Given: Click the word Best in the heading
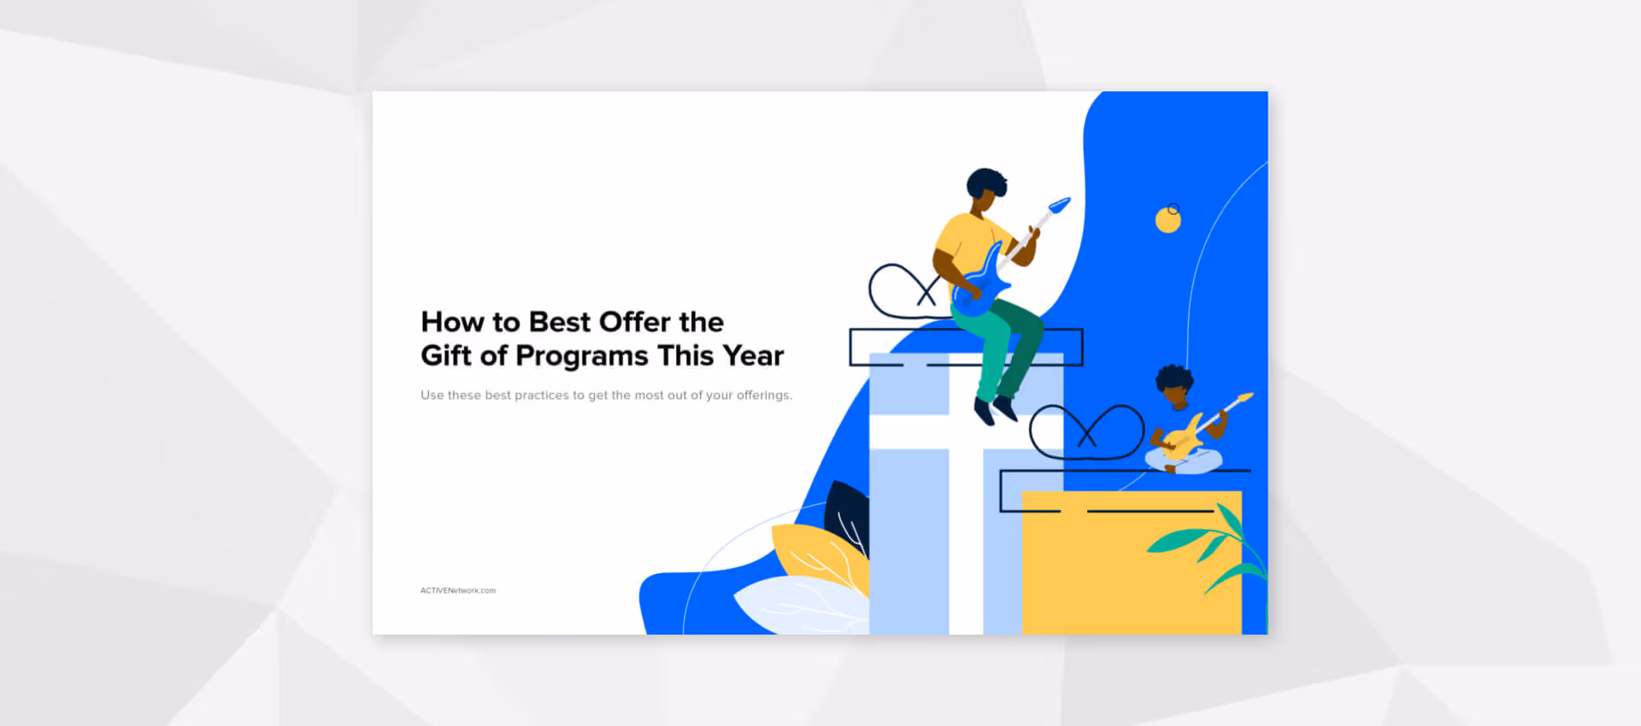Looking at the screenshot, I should click(559, 322).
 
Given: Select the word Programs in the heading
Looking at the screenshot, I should click(581, 356).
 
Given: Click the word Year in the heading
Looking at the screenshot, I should click(753, 356).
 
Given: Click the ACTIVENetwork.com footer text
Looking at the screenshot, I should click(457, 590).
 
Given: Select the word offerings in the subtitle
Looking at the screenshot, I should click(763, 395).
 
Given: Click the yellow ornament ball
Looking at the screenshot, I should click(1168, 220).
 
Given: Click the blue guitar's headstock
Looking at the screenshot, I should click(1059, 205).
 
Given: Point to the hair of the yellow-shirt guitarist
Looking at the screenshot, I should click(986, 181).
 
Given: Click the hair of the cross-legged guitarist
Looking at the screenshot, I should click(1173, 377).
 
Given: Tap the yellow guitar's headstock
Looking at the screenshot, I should click(1244, 397).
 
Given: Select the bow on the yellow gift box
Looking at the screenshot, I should click(1086, 431).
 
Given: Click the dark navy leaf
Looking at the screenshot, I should click(845, 512).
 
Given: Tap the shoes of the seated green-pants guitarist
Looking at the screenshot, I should click(995, 410).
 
